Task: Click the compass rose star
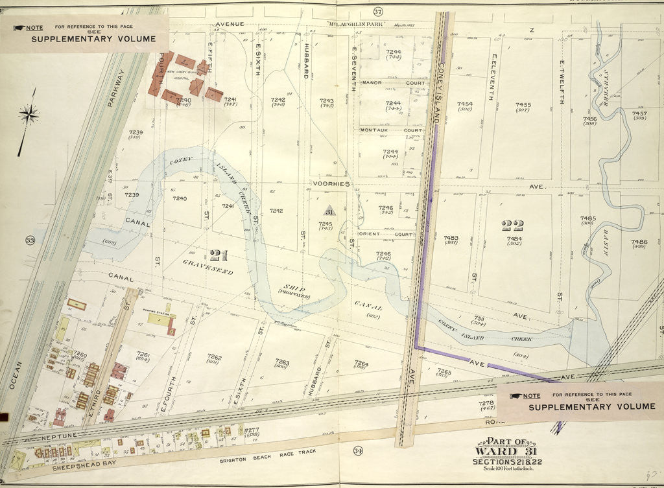[29, 115]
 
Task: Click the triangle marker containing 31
[328, 211]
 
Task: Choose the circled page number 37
[377, 12]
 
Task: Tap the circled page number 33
[29, 241]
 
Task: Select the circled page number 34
[357, 450]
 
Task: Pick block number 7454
[464, 104]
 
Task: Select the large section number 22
[513, 225]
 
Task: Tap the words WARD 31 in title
[506, 452]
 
